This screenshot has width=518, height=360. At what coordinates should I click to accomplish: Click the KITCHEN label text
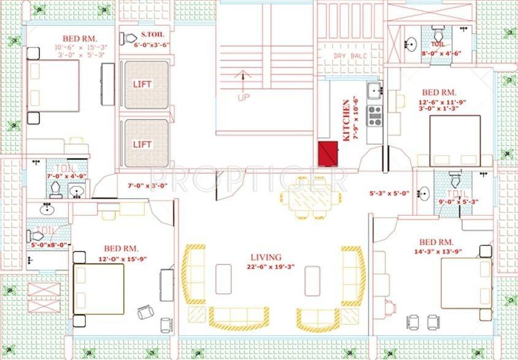point(347,120)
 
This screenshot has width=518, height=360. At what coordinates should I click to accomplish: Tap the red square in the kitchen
point(328,153)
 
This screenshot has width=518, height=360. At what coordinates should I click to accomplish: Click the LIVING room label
point(265,257)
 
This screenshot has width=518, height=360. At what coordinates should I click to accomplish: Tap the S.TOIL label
point(152,34)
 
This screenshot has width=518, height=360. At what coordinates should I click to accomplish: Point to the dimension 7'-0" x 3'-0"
point(147,185)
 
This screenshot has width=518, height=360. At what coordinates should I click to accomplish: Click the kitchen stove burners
point(374,115)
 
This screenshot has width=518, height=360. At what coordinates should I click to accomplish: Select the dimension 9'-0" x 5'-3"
point(457,200)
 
